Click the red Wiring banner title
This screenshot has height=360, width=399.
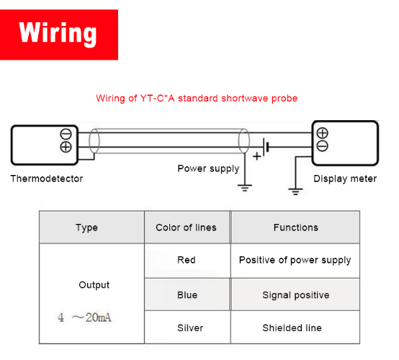58,34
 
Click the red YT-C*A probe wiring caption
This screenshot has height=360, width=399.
197,99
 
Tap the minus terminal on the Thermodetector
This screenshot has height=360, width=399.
66,134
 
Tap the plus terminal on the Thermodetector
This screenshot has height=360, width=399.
66,147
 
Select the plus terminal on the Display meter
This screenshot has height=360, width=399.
322,132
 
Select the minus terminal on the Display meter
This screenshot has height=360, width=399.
322,145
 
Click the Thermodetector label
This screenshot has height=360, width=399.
47,179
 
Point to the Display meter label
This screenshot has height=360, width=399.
345,179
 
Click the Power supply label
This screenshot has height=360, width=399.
208,168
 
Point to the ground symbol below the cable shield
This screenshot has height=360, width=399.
245,188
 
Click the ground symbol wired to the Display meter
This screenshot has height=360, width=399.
295,192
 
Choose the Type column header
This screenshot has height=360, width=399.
86,228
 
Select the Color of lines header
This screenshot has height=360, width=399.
186,228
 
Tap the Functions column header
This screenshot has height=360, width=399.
296,228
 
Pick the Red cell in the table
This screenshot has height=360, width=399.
187,260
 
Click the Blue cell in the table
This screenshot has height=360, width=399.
187,295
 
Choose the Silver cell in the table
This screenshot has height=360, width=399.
190,328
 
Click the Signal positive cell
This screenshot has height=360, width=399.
296,295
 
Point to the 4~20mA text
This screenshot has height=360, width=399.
84,318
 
